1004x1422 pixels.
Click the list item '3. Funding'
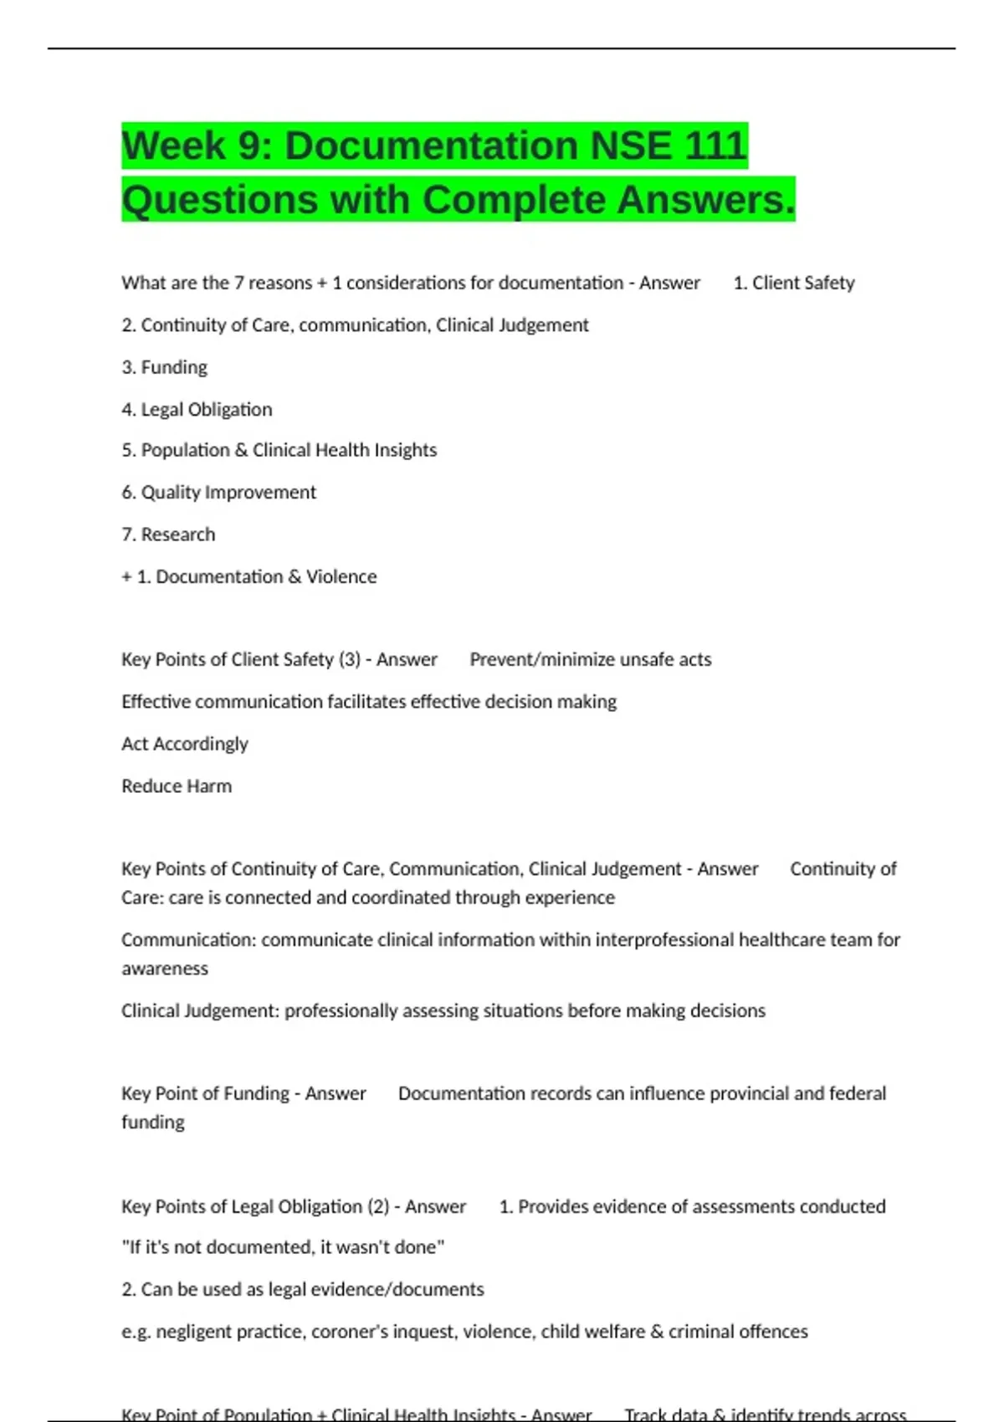[164, 367]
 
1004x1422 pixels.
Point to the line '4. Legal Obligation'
[197, 409]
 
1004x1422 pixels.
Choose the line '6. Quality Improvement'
[218, 492]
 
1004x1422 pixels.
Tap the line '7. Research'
[168, 535]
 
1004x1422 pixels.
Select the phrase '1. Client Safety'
[794, 283]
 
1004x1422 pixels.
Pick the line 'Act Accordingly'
[185, 744]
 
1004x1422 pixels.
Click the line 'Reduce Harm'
[177, 785]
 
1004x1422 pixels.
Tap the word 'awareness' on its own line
[165, 969]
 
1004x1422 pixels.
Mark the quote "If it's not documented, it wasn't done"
[283, 1247]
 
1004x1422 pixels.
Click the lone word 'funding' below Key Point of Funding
[153, 1122]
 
